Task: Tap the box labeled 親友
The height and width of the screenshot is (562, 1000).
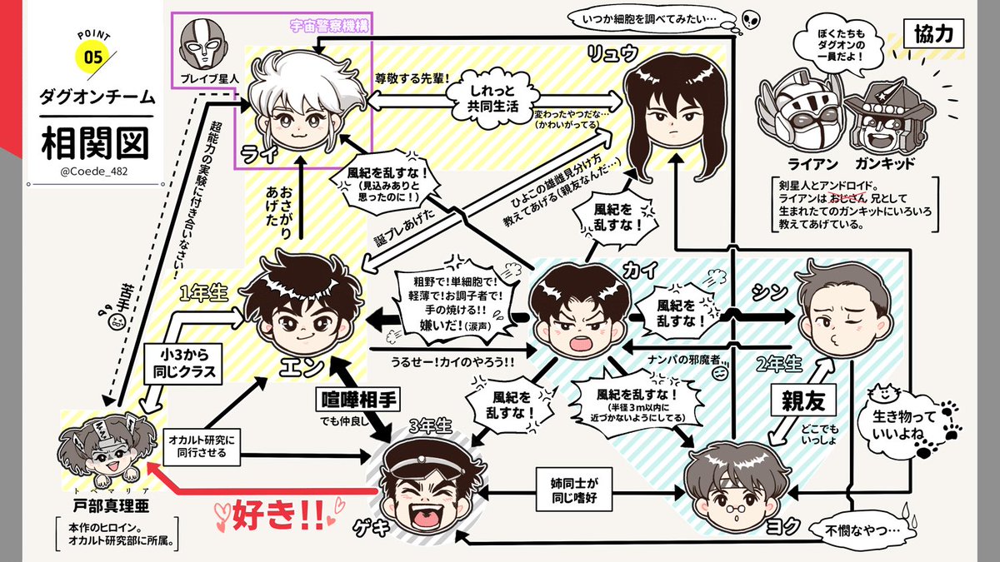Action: point(802,401)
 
